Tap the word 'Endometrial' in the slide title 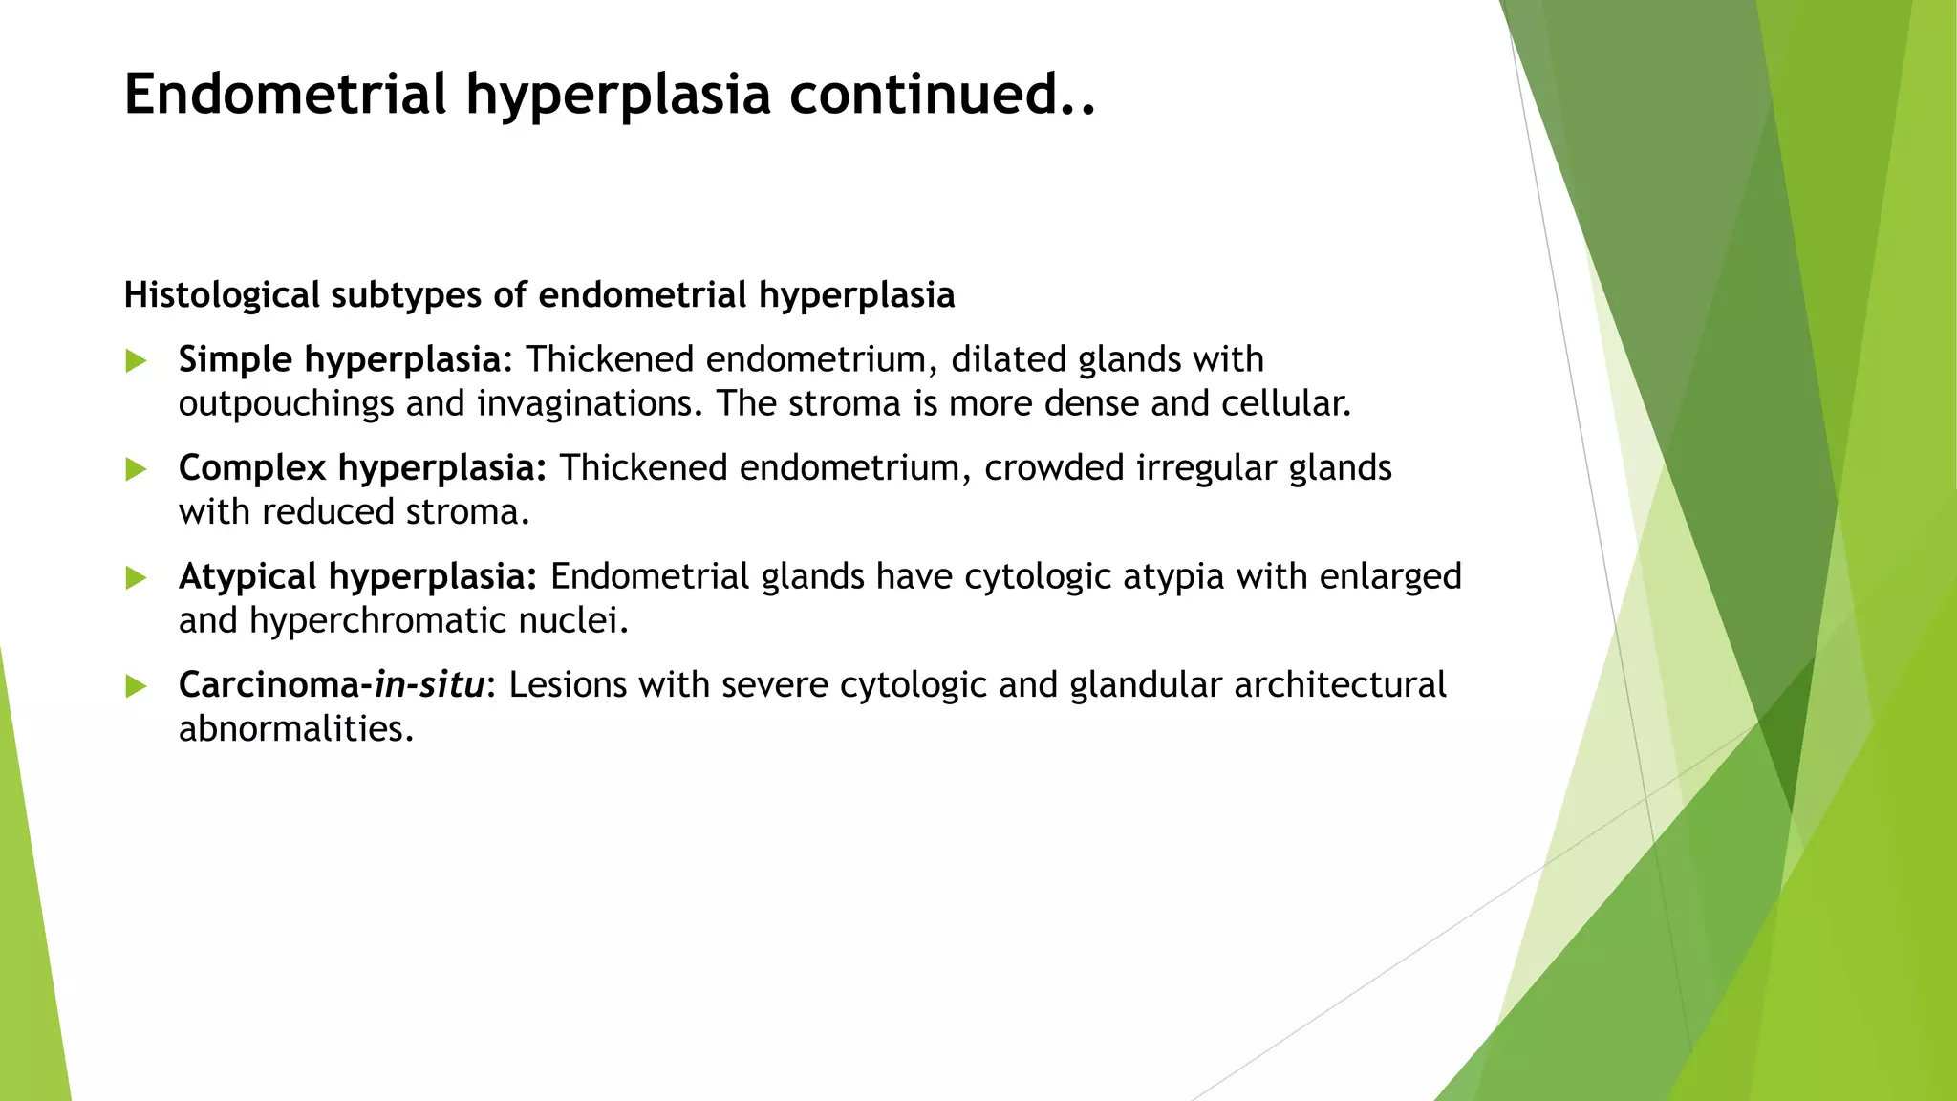point(286,94)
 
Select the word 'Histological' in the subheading point(222,295)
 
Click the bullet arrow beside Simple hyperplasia point(136,361)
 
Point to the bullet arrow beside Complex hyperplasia point(136,469)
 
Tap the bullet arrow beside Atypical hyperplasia point(136,578)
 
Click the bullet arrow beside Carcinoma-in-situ point(136,686)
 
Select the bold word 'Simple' point(235,360)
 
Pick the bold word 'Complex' point(252,468)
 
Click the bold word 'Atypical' point(247,577)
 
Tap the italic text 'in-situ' point(429,685)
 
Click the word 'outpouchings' point(286,404)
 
